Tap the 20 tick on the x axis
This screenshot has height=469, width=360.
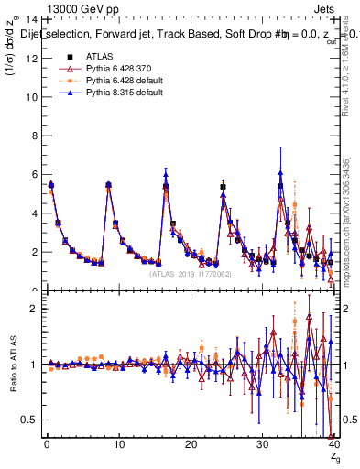click(x=190, y=444)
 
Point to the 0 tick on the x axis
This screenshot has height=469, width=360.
click(x=47, y=444)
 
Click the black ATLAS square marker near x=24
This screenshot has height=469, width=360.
click(x=223, y=186)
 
